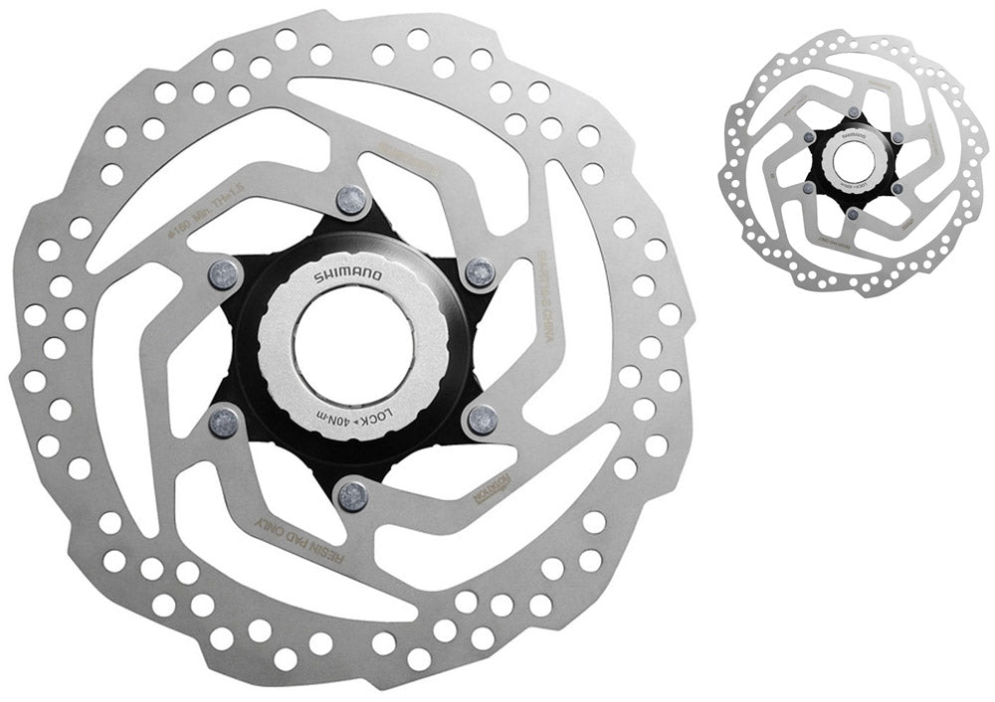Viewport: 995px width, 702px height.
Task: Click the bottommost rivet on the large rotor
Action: (x=350, y=493)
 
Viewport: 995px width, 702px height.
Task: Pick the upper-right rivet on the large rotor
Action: (x=480, y=270)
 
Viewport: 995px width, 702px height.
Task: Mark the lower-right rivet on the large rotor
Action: (x=482, y=419)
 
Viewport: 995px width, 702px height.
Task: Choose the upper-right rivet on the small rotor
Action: (x=895, y=138)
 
